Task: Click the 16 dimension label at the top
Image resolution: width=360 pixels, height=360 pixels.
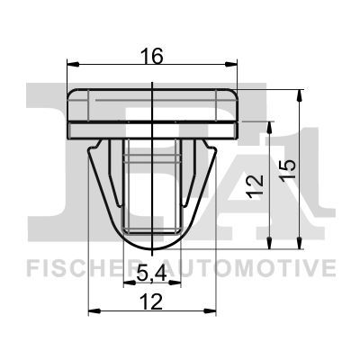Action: [x=152, y=56]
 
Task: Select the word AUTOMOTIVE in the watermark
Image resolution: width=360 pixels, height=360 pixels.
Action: [x=256, y=267]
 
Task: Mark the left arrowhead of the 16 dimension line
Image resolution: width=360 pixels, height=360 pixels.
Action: [x=73, y=66]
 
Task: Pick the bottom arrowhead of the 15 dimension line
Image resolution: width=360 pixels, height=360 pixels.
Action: [x=298, y=244]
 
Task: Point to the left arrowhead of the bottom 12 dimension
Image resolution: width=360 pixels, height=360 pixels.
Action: [x=94, y=312]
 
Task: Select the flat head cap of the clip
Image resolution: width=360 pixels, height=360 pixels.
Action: [x=154, y=111]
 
